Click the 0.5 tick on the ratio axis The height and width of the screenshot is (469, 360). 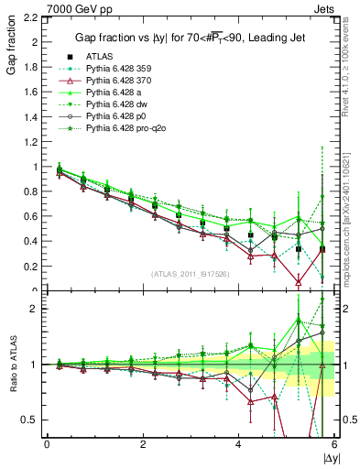click(x=30, y=420)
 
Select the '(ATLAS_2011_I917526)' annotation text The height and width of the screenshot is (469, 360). click(x=191, y=274)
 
